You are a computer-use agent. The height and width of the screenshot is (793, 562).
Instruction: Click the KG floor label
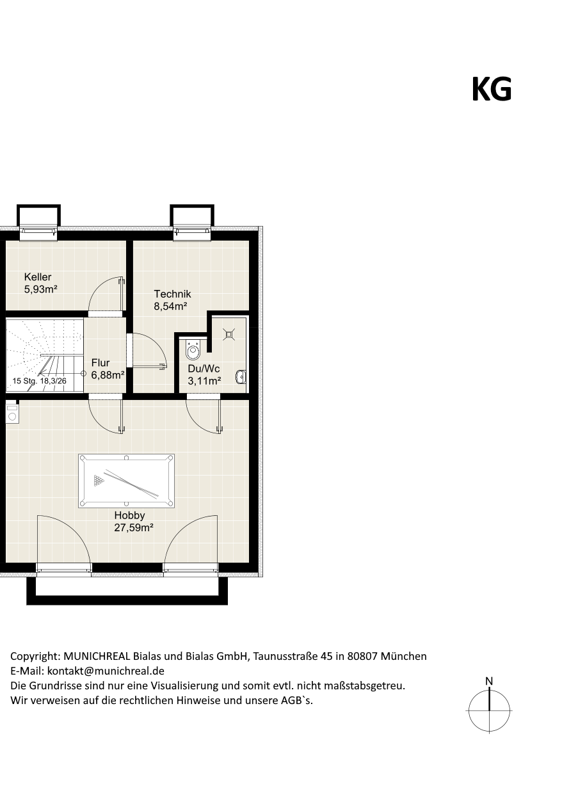pyautogui.click(x=492, y=89)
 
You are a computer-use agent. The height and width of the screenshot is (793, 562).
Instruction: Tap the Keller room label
pyautogui.click(x=38, y=277)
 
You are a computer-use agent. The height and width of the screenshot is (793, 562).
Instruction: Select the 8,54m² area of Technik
pyautogui.click(x=170, y=306)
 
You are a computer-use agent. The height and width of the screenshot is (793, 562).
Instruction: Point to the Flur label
pyautogui.click(x=100, y=362)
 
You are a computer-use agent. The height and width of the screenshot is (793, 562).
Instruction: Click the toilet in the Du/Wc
pyautogui.click(x=193, y=350)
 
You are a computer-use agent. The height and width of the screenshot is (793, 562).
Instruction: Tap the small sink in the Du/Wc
pyautogui.click(x=241, y=377)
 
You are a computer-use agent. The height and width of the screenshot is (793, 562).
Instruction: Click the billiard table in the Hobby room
pyautogui.click(x=127, y=481)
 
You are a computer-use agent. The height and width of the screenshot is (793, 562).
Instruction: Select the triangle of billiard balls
pyautogui.click(x=99, y=481)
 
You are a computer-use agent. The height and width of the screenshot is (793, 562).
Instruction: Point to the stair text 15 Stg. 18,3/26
pyautogui.click(x=39, y=381)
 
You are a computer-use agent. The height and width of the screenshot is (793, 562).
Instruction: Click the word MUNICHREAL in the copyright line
pyautogui.click(x=97, y=656)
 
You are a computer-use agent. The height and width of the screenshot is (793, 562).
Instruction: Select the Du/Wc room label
pyautogui.click(x=204, y=369)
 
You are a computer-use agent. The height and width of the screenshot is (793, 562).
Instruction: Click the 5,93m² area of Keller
pyautogui.click(x=41, y=289)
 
